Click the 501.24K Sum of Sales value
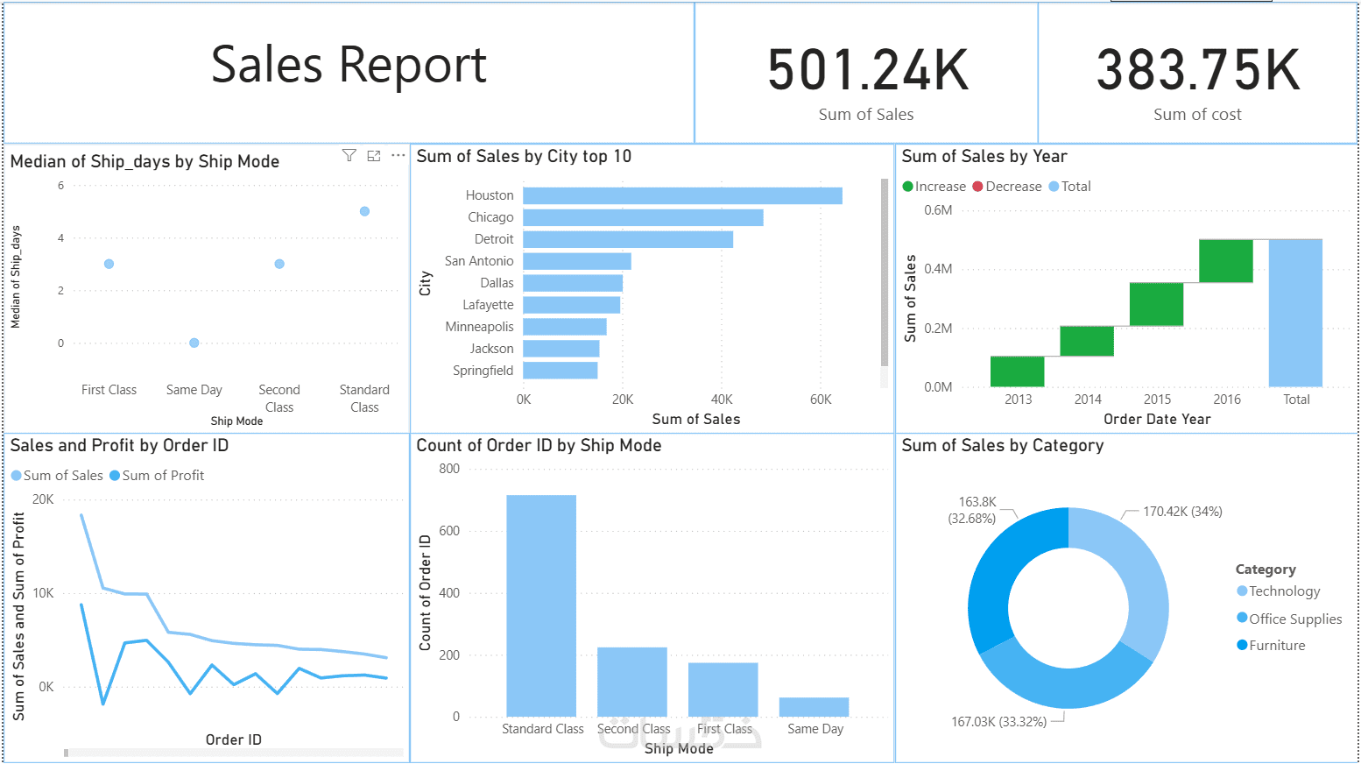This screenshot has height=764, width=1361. (868, 71)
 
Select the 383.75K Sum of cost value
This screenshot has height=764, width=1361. (1197, 71)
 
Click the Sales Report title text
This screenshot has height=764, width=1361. (349, 66)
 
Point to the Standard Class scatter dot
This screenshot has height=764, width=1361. (364, 211)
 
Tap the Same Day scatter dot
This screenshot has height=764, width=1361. (194, 343)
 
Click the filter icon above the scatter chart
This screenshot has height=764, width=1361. (349, 156)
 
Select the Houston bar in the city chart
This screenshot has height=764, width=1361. (682, 195)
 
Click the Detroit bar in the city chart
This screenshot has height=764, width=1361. (627, 239)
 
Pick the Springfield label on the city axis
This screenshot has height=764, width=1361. (483, 371)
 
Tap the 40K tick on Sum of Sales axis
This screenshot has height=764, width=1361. (722, 400)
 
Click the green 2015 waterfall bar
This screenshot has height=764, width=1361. (1156, 304)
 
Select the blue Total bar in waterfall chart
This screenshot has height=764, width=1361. (1295, 312)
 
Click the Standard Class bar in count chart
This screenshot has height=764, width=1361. (541, 605)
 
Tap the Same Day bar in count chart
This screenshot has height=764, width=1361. (814, 707)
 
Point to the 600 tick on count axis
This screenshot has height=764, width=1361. (449, 531)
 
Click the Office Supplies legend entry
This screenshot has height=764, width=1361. (1289, 619)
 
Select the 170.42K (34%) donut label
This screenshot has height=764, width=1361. (1182, 512)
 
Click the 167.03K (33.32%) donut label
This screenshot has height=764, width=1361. (998, 722)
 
